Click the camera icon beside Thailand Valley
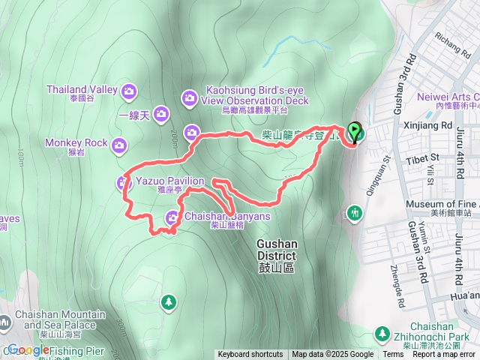129,91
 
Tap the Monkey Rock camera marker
119,145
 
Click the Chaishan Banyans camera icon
172,218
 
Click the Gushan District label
277,250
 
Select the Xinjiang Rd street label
426,126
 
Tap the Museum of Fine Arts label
442,204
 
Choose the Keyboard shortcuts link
250,355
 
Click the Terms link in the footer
392,355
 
